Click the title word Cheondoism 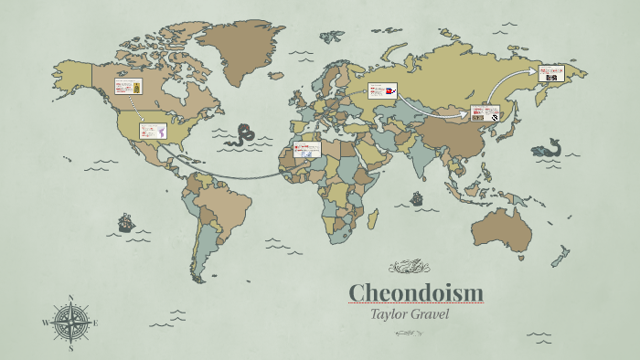[416, 293]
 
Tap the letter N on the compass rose [71, 298]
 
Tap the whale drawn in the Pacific [547, 147]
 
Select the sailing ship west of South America [126, 222]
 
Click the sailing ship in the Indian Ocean [417, 197]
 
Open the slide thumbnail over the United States [153, 131]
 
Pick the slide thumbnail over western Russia [381, 90]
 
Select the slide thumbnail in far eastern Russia [550, 72]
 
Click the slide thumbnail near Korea [484, 113]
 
